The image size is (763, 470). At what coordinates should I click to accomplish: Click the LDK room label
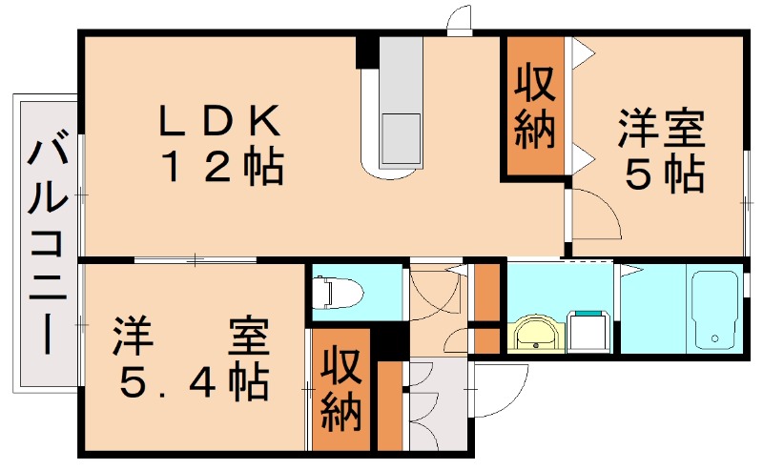coord(219,122)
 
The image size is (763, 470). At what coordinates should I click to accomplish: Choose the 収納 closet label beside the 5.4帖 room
coord(340,391)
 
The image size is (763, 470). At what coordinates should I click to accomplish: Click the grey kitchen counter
coord(399,100)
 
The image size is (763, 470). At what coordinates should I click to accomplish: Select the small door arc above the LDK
coord(459,19)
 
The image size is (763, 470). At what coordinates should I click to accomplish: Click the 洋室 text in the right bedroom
coord(663,130)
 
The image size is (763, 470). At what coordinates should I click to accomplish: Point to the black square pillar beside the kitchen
coord(366,51)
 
